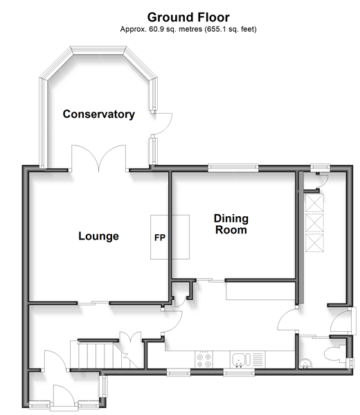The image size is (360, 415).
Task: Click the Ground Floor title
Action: tap(188, 17)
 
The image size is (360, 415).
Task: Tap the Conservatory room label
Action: tap(99, 114)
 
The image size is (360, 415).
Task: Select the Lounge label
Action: tap(98, 236)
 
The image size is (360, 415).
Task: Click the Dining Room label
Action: tap(231, 224)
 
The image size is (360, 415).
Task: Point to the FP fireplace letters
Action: tap(160, 238)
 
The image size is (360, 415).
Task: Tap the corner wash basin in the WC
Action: tap(305, 363)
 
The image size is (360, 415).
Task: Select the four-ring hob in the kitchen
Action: tap(204, 360)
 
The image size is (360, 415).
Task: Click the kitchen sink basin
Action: tap(239, 360)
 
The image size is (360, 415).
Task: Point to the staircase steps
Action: tap(105, 355)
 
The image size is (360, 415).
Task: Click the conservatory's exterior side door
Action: tap(162, 123)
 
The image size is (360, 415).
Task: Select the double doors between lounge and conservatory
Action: tap(99, 158)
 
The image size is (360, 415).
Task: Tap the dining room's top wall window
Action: tap(233, 168)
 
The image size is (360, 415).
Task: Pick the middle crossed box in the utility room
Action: tap(314, 223)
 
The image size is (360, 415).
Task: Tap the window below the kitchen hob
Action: tap(179, 373)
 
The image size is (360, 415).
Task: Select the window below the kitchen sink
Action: tap(239, 373)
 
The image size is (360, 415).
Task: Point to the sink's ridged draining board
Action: tap(258, 360)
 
